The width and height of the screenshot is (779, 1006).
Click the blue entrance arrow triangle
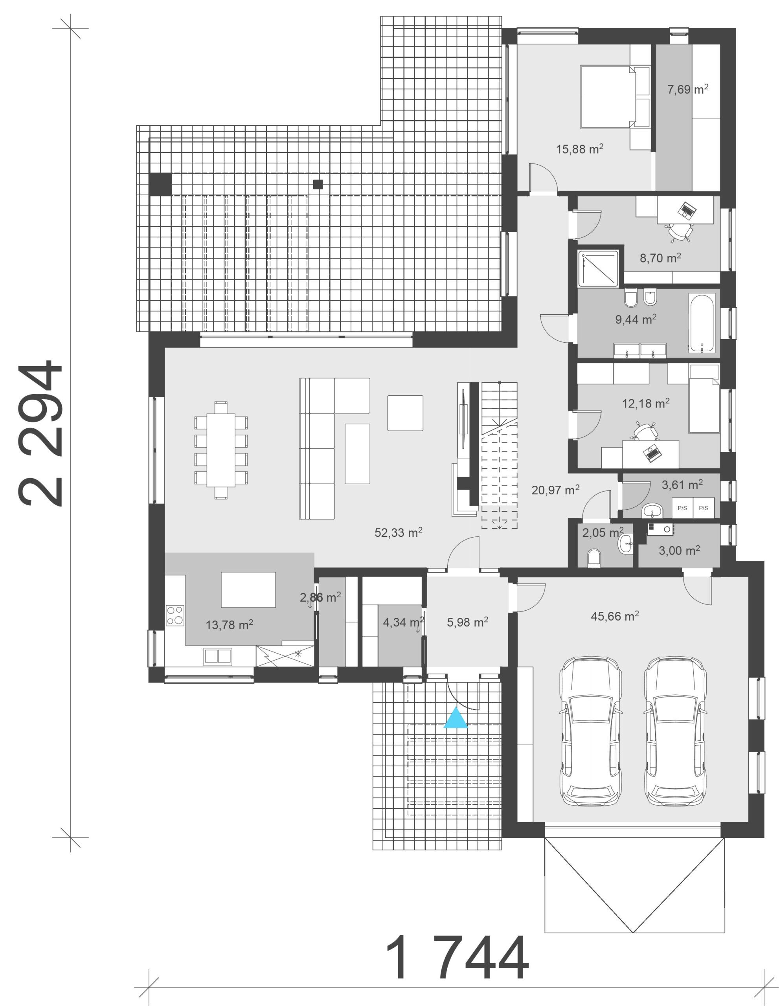pyautogui.click(x=455, y=719)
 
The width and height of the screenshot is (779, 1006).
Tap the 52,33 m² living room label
pyautogui.click(x=399, y=532)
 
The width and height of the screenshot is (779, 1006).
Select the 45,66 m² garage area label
pyautogui.click(x=615, y=616)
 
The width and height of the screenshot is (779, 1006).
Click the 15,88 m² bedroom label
pyautogui.click(x=579, y=149)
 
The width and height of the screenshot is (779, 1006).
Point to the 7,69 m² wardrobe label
pyautogui.click(x=688, y=89)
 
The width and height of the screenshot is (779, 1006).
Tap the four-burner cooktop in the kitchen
pyautogui.click(x=175, y=615)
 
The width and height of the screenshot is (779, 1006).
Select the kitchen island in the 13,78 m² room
pyautogui.click(x=248, y=589)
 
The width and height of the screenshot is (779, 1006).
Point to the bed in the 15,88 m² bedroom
pyautogui.click(x=615, y=96)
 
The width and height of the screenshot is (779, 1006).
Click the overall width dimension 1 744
pyautogui.click(x=456, y=958)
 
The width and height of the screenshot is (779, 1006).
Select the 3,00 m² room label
pyautogui.click(x=680, y=551)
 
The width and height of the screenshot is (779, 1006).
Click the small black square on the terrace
pyautogui.click(x=318, y=184)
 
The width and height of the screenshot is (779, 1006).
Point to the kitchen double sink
pyautogui.click(x=218, y=655)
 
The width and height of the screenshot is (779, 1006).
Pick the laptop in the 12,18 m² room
pyautogui.click(x=652, y=454)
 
